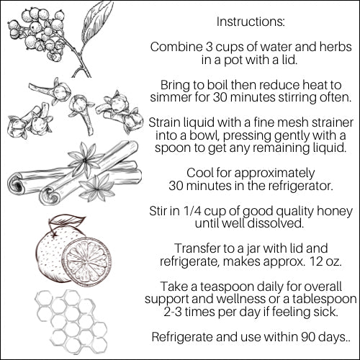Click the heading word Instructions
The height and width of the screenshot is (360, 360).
click(x=251, y=22)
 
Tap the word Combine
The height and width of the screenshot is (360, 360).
click(x=176, y=47)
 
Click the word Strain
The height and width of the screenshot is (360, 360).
click(x=164, y=122)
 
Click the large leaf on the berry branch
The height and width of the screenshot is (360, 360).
click(x=96, y=23)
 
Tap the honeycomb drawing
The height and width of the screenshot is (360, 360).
click(x=71, y=322)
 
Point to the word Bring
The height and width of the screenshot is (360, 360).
click(x=174, y=86)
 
